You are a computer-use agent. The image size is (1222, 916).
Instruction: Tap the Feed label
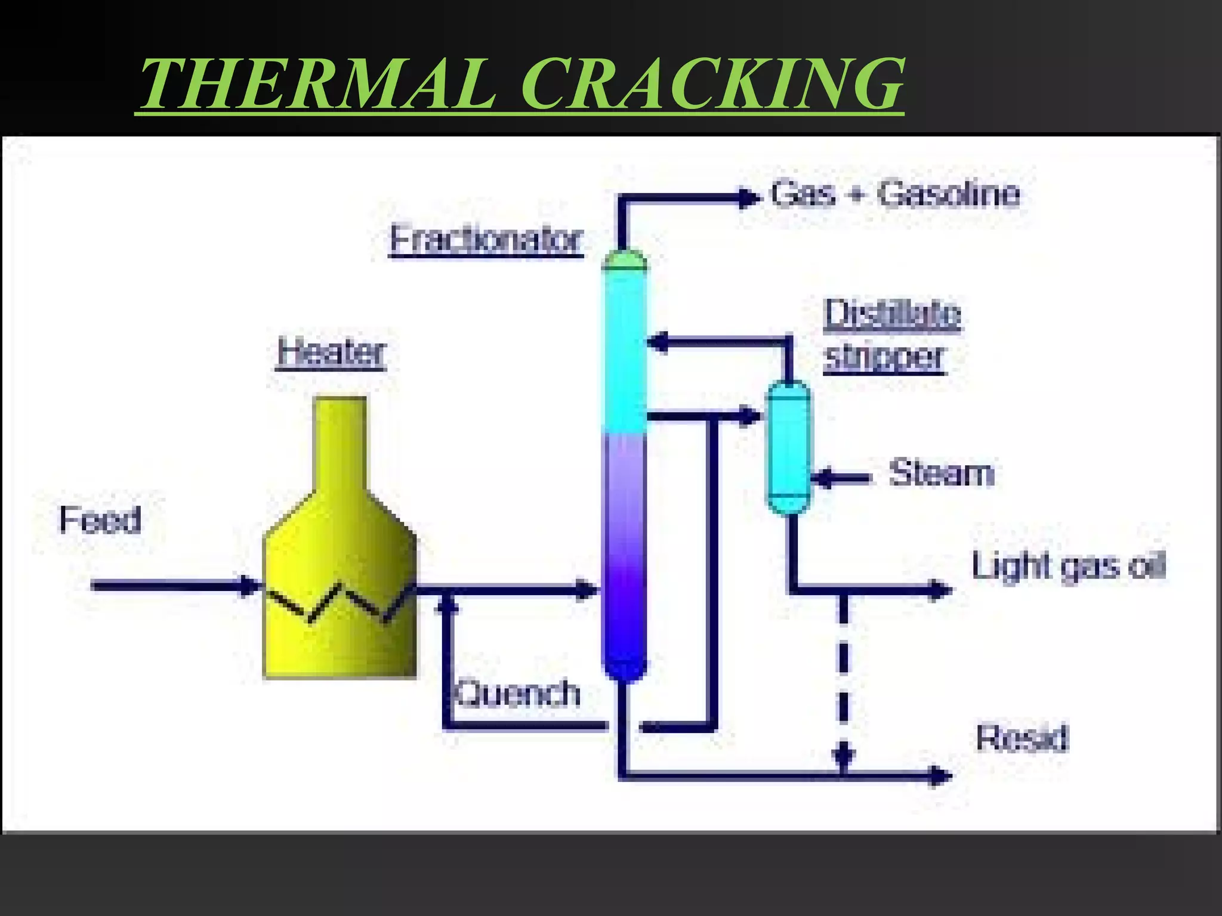pos(100,519)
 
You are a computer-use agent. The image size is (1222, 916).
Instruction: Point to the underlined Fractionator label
pos(486,240)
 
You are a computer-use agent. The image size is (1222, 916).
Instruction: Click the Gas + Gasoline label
pos(895,194)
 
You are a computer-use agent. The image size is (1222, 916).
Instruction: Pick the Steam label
pos(942,474)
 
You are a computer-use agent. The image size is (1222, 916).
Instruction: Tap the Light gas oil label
pos(1068,565)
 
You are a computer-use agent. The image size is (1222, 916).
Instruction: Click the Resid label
pos(1022,738)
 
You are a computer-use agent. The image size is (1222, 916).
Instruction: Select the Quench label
pos(518,694)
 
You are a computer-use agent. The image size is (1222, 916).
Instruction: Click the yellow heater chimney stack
pos(340,441)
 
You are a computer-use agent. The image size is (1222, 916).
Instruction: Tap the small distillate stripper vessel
pos(789,447)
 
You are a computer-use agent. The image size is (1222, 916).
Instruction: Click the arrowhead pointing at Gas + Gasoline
pos(749,198)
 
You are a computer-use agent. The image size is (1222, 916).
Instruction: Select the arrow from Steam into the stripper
pos(841,478)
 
